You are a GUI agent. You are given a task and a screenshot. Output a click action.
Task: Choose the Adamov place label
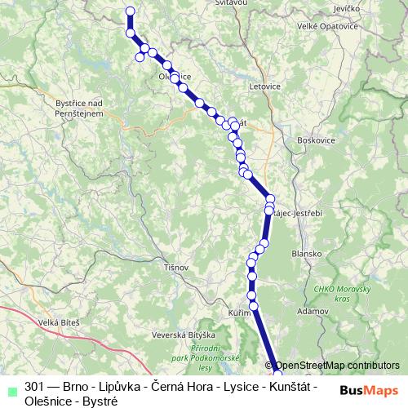pyautogui.click(x=313, y=311)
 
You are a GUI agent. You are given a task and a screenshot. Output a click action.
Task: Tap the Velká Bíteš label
pyautogui.click(x=60, y=323)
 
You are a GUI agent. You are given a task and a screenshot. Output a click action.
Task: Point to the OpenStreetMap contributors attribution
pyautogui.click(x=337, y=366)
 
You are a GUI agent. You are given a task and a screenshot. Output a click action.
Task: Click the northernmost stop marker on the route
pyautogui.click(x=130, y=11)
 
